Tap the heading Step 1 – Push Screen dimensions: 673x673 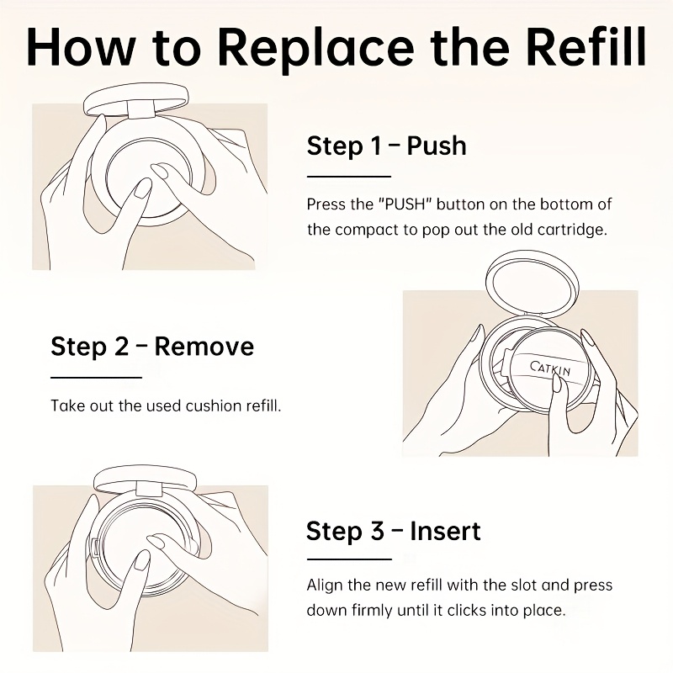coord(386,146)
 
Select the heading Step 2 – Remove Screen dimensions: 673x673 coord(152,347)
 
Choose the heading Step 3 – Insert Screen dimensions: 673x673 coord(393,532)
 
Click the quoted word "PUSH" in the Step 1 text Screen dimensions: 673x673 coord(405,204)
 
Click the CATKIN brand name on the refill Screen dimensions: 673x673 coord(550,368)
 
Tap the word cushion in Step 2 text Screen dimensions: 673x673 coord(214,405)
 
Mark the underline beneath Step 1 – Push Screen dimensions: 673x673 coord(349,177)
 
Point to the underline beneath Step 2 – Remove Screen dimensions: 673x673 coord(96,378)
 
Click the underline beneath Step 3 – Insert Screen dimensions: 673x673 coord(349,559)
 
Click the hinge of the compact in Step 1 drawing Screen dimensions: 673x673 coord(140,109)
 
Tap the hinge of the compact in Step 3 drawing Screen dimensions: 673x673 coord(149,490)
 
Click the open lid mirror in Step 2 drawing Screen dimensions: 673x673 coord(533,284)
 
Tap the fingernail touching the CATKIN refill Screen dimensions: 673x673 coord(557,383)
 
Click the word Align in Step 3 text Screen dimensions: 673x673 coord(324,586)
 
